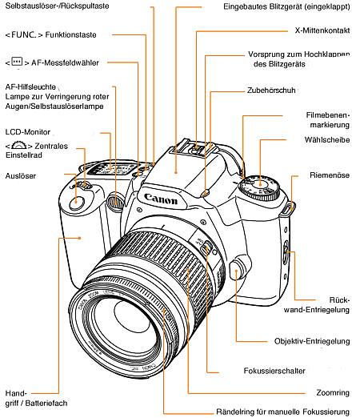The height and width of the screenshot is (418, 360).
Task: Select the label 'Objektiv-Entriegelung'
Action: click(x=311, y=340)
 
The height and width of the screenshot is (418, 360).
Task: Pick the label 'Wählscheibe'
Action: click(x=329, y=140)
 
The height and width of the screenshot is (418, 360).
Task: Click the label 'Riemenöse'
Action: click(x=330, y=174)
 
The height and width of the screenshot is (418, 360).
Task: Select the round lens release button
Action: click(x=236, y=271)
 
